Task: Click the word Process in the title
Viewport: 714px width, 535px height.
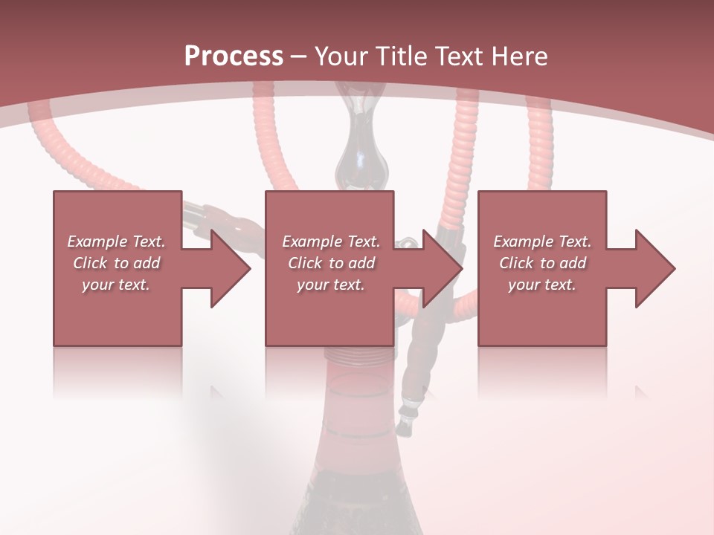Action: pyautogui.click(x=234, y=56)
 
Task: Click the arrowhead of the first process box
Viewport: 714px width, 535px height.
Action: pyautogui.click(x=231, y=268)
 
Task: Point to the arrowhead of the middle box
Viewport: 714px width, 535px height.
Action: pyautogui.click(x=443, y=268)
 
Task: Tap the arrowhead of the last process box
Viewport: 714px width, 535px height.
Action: pyautogui.click(x=654, y=268)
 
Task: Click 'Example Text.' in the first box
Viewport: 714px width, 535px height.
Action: pyautogui.click(x=116, y=241)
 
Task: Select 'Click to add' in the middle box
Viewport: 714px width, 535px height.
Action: pyautogui.click(x=331, y=263)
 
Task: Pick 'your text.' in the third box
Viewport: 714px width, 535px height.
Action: pyautogui.click(x=542, y=285)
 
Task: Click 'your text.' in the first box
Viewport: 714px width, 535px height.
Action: pyautogui.click(x=116, y=285)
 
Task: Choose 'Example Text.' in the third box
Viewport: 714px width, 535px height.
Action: pyautogui.click(x=542, y=241)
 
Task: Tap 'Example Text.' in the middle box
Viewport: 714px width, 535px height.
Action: pyautogui.click(x=331, y=241)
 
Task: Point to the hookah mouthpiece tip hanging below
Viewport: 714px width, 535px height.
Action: pyautogui.click(x=405, y=424)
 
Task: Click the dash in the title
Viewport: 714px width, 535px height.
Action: pyautogui.click(x=299, y=56)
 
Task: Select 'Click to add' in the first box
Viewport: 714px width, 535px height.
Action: pyautogui.click(x=116, y=263)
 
